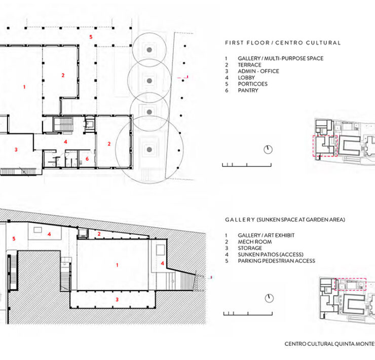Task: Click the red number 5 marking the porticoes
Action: click(91, 37)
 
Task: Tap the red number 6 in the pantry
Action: click(87, 159)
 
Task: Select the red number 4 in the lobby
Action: click(65, 141)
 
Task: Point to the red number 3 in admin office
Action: click(16, 150)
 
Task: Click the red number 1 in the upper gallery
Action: click(24, 87)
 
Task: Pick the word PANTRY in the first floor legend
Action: click(248, 90)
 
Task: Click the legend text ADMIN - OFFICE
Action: click(258, 71)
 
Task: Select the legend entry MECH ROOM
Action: click(255, 242)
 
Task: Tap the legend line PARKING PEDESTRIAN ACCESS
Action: click(277, 261)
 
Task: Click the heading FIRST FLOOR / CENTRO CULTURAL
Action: click(283, 43)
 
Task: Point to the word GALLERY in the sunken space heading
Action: click(240, 220)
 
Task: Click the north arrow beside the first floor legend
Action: click(268, 150)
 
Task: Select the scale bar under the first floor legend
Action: click(247, 165)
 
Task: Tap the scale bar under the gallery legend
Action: click(248, 313)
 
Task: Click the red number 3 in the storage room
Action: click(117, 300)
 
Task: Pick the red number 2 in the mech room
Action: click(99, 234)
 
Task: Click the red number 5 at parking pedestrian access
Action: click(14, 239)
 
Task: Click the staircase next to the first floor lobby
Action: click(63, 124)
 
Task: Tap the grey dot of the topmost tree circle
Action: click(149, 50)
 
